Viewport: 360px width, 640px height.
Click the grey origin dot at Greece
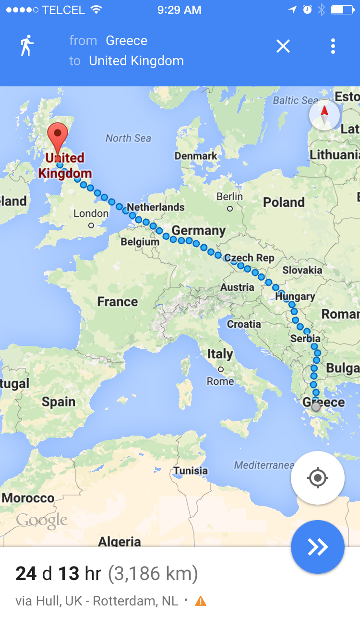click(x=316, y=407)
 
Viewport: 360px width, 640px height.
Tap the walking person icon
click(x=27, y=46)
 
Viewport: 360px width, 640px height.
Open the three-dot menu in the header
click(x=333, y=46)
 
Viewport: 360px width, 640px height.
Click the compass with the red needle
click(x=324, y=115)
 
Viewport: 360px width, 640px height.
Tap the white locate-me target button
click(x=317, y=478)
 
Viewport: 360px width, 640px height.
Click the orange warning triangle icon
click(x=201, y=601)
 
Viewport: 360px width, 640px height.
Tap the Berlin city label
click(x=230, y=197)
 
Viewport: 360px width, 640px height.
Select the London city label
click(x=91, y=213)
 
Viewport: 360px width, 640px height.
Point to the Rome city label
click(x=220, y=381)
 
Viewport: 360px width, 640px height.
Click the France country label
click(x=118, y=301)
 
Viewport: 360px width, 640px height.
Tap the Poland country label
click(x=284, y=202)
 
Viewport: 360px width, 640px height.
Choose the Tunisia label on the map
click(x=191, y=470)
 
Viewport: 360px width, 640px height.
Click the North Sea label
click(x=128, y=138)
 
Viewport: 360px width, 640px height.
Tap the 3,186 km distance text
click(x=153, y=574)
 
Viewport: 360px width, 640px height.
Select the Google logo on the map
click(x=42, y=521)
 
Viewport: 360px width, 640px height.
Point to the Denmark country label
click(x=196, y=156)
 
